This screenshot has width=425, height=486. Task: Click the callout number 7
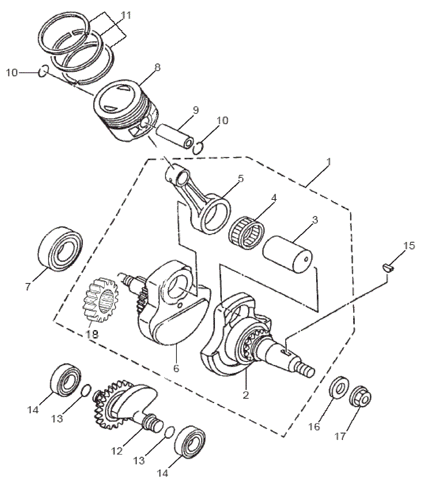point(28,286)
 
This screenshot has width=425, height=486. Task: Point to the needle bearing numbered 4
point(246,233)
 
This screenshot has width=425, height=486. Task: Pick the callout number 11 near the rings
point(126,16)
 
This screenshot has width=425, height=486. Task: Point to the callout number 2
point(246,395)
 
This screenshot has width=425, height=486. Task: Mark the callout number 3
point(314,220)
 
